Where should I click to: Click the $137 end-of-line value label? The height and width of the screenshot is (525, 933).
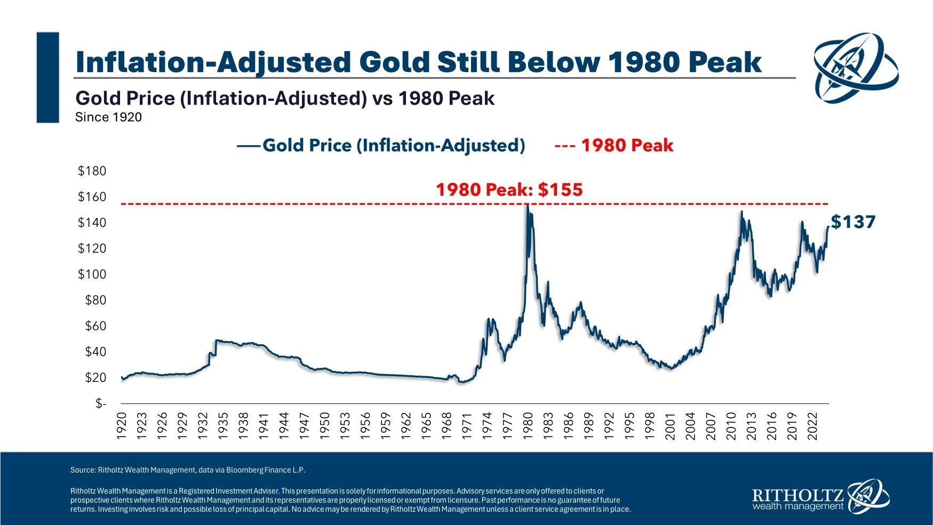coord(853,222)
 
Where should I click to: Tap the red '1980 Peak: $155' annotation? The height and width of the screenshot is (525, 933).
coord(509,189)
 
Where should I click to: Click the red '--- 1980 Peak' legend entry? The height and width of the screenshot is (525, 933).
coord(613,145)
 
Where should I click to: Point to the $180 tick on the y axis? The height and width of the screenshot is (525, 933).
coord(92,171)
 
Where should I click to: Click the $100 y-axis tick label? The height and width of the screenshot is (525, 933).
coord(92,274)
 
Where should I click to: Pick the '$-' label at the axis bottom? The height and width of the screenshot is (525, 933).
coord(100,404)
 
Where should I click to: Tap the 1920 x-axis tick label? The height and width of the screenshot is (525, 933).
coord(121,426)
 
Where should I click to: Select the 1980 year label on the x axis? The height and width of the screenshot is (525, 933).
coord(528,426)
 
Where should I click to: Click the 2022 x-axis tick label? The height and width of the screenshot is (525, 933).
coord(812,426)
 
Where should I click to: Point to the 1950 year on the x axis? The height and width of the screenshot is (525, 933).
coord(324,426)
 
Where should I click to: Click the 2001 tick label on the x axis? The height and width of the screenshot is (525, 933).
coord(670,426)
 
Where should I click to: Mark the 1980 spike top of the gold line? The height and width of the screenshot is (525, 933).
coord(527,205)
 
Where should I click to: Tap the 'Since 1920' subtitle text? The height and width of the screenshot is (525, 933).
coord(108,117)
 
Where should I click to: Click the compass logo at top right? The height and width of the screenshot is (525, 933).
coord(855,67)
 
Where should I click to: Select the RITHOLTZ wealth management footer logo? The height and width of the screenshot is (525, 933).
coord(820,497)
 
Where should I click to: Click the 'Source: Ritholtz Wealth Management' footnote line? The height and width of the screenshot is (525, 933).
coord(187,470)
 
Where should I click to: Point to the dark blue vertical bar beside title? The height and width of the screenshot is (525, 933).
coord(47,77)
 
